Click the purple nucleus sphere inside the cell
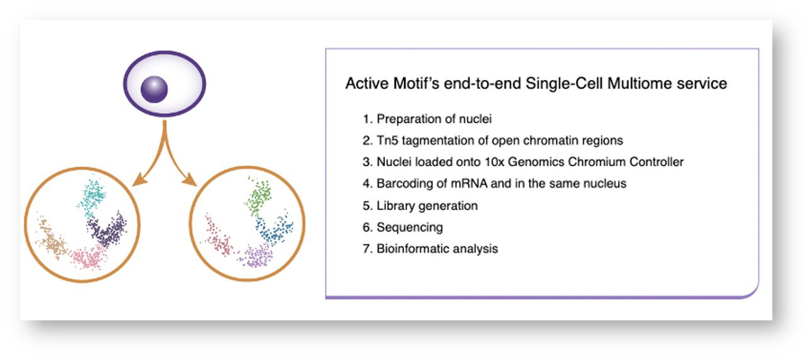coord(155,90)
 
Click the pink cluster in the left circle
coord(87,257)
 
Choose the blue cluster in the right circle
coord(274,233)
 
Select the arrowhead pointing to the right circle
coord(191,182)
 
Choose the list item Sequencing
coord(409,227)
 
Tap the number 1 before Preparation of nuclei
coord(366,119)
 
